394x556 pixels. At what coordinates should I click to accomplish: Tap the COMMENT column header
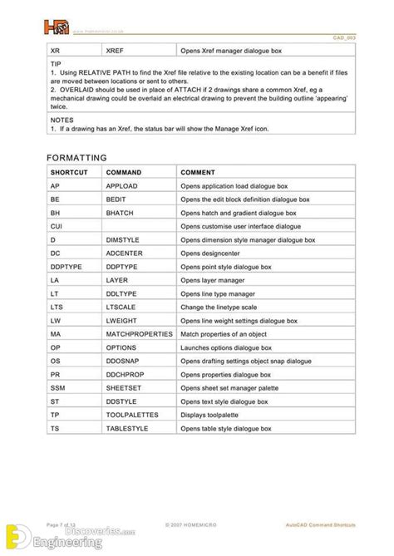click(x=198, y=171)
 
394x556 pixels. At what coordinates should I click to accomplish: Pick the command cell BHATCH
click(x=121, y=212)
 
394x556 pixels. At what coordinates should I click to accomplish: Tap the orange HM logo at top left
click(x=57, y=27)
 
